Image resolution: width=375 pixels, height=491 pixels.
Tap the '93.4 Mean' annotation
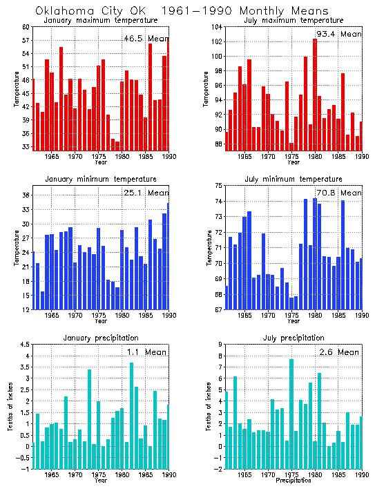pos(338,33)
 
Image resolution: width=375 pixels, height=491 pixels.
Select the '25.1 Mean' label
pos(144,193)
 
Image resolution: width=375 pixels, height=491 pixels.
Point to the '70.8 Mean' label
pos(338,193)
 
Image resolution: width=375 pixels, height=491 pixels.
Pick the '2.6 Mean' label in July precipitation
pos(338,352)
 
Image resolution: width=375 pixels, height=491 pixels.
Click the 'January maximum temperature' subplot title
pos(100,20)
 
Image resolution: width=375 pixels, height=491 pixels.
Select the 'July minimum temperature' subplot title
pos(293,180)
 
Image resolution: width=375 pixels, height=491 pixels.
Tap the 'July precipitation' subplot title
pos(293,338)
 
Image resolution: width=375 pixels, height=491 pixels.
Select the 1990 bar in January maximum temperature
pos(168,93)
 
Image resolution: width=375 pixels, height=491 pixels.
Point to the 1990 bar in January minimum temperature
pos(168,256)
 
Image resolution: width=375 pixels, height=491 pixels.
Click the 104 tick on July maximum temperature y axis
pos(216,26)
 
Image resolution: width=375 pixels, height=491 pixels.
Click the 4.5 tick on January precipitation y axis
pos(23,345)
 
